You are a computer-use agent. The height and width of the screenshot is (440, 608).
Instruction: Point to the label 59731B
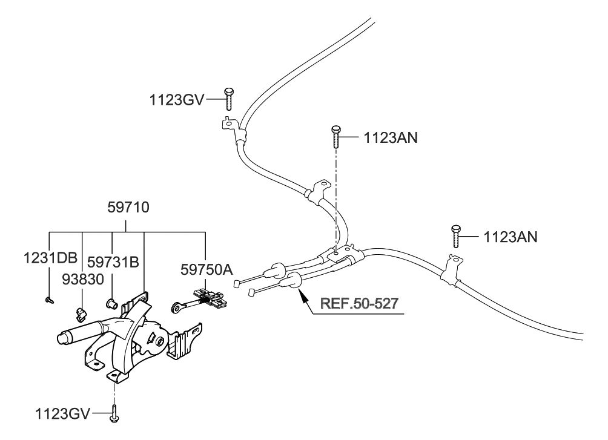[114, 261]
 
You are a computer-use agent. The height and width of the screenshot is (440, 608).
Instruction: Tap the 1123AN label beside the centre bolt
[391, 137]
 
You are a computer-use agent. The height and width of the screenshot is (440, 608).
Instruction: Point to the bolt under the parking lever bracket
[114, 415]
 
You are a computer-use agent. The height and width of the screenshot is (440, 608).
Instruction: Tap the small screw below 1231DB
[48, 300]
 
